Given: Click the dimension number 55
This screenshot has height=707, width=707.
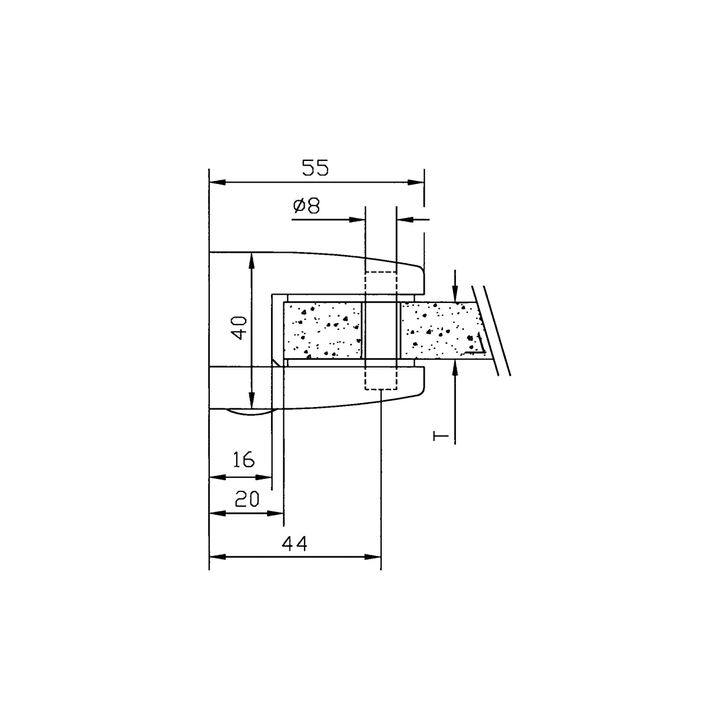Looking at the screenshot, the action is point(315,168).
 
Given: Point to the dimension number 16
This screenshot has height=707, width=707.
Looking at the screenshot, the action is point(243,460).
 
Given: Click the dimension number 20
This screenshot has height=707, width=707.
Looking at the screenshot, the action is point(247,499).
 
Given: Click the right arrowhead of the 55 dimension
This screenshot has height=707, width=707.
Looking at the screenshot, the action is point(416,182).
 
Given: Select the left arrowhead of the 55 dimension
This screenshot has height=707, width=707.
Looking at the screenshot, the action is point(217,182).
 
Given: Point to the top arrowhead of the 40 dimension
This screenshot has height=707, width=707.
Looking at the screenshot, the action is point(252,261).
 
